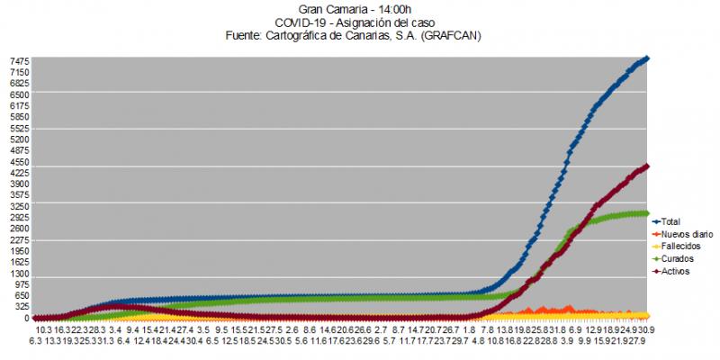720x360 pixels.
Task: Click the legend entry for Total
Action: coord(670,221)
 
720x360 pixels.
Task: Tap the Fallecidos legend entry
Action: coord(679,247)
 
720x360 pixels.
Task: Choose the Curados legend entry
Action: coord(677,259)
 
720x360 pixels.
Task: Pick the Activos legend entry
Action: coord(675,272)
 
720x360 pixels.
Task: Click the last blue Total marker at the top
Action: coord(647,59)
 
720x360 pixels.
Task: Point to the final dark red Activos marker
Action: coord(647,166)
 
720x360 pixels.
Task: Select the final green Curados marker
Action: coord(647,213)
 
